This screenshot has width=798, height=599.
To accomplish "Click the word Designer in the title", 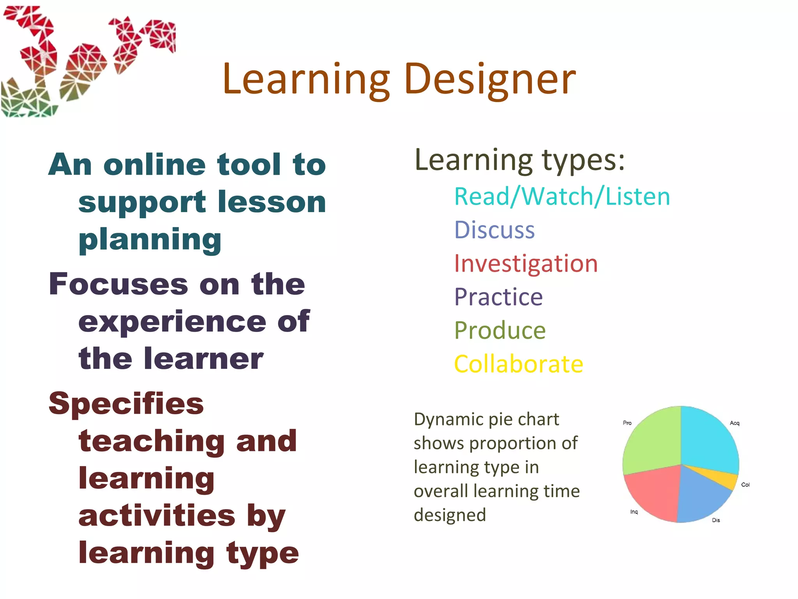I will (x=490, y=80).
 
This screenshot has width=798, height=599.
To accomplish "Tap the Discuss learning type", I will (x=494, y=230).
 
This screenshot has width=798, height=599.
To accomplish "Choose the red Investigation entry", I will (x=526, y=263).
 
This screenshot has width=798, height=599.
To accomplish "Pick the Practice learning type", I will (x=498, y=297).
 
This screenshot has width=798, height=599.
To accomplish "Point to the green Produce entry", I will (x=500, y=330).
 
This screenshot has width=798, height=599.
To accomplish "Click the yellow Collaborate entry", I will (x=519, y=364).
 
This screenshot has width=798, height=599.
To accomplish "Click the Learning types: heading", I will (x=519, y=160).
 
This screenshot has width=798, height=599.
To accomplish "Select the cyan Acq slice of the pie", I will (x=707, y=439).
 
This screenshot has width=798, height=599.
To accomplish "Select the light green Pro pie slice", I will (x=653, y=443).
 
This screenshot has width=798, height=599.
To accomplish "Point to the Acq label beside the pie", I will (x=734, y=423).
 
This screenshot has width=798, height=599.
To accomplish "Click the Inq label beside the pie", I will (x=634, y=512).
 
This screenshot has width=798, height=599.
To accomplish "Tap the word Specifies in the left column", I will (x=126, y=404).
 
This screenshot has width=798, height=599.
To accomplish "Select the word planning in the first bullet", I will (x=150, y=239).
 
